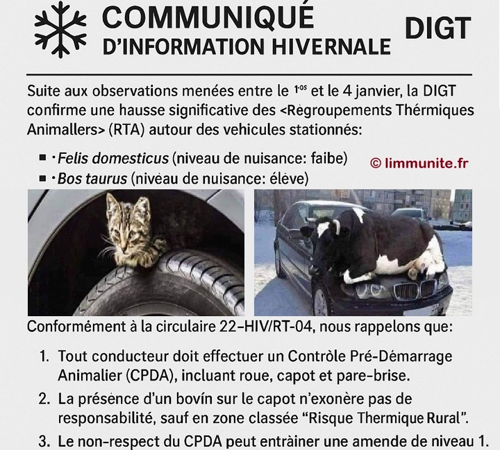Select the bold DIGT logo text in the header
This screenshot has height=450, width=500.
pos(437,28)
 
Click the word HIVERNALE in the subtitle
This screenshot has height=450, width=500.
pos(331,46)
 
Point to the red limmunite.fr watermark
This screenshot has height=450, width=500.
pos(419,164)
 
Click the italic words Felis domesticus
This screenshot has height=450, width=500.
pos(113,158)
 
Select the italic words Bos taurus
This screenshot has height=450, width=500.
pos(92,179)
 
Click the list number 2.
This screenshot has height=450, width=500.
pos(44,399)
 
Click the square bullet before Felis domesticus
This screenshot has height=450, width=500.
pos(42,157)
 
